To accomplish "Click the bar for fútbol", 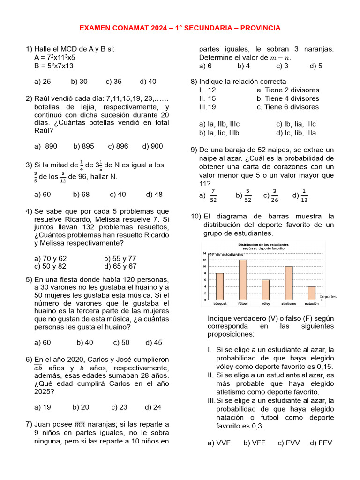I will pyautogui.click(x=243, y=280).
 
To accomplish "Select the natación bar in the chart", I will pyautogui.click(x=312, y=293).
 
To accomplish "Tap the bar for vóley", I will pyautogui.click(x=266, y=290).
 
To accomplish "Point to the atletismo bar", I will pyautogui.click(x=289, y=283).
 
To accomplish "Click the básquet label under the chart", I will pyautogui.click(x=220, y=304).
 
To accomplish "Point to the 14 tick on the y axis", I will pyautogui.click(x=204, y=253).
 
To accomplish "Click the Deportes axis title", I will pyautogui.click(x=328, y=297).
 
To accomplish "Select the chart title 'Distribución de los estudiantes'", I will pyautogui.click(x=263, y=245).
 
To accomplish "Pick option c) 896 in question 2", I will pyautogui.click(x=118, y=146).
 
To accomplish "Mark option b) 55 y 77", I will pyautogui.click(x=120, y=258).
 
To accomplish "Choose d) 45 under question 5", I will pyautogui.click(x=154, y=343).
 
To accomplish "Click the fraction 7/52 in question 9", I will pyautogui.click(x=213, y=195).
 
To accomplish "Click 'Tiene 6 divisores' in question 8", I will pyautogui.click(x=288, y=107).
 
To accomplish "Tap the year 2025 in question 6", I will pyautogui.click(x=44, y=392).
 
